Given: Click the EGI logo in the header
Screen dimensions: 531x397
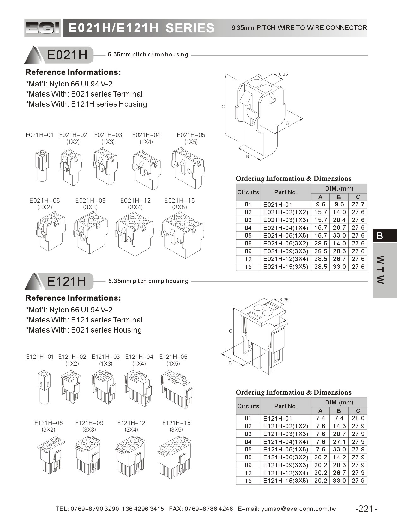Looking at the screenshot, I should pos(42,28).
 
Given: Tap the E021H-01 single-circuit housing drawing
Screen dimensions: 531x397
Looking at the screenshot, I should pos(42,166).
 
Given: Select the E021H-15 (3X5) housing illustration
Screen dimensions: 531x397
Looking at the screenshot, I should pos(182,235).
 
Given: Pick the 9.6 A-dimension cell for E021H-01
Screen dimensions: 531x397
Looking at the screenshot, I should pos(320,204).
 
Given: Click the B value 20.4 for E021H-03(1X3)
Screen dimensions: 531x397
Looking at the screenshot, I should pos(339,220).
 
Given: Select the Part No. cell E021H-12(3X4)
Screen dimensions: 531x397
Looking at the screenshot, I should pos(285,259).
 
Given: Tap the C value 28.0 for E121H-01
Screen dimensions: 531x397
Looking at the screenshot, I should pos(358,418).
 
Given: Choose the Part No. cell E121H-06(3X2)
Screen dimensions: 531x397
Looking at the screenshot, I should pos(285,457).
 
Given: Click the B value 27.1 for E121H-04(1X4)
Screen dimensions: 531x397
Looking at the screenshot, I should pos(339,442).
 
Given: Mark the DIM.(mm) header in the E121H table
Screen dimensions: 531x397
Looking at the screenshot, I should pos(339,403).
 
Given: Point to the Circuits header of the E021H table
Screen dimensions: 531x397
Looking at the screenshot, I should pos(248,192).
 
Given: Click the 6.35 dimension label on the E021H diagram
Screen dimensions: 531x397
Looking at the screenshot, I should pos(283,74).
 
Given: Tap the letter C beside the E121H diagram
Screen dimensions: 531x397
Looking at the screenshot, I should pos(230,331).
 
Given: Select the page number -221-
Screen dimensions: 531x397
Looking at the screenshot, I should pos(366,509).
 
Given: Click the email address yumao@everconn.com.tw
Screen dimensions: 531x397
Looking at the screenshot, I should pos(298,509).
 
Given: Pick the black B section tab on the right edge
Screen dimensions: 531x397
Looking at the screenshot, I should pos(384,236).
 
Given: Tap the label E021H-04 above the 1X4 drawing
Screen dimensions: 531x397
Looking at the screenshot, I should pos(146,135).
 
